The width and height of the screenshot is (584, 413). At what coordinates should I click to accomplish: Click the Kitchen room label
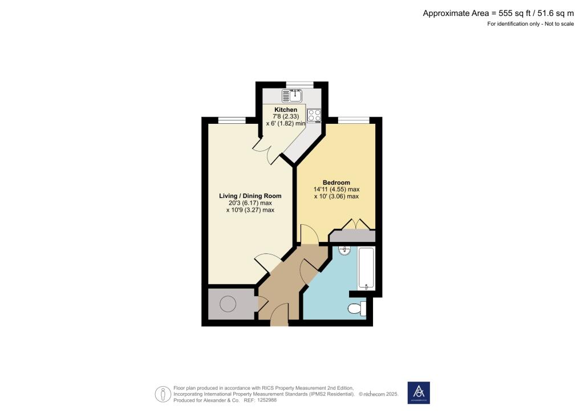pos(286,110)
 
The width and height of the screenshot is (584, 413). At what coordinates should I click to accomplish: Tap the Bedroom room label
pos(336,183)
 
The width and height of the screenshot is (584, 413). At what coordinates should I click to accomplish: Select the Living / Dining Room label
pos(250,196)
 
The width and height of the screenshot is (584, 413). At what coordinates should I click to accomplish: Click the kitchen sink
pos(293,96)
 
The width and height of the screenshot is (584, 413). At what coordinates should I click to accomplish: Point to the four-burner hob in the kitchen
pos(314,116)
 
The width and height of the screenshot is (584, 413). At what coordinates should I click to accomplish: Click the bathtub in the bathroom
pos(366,268)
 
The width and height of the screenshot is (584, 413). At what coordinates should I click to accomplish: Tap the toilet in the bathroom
pos(356,309)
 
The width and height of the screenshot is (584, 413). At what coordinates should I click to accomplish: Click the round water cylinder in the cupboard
pos(228,305)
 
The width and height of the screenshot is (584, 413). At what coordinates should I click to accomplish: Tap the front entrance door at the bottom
pos(279,315)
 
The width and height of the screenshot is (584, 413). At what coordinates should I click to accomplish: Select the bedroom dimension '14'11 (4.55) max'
pos(336,189)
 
